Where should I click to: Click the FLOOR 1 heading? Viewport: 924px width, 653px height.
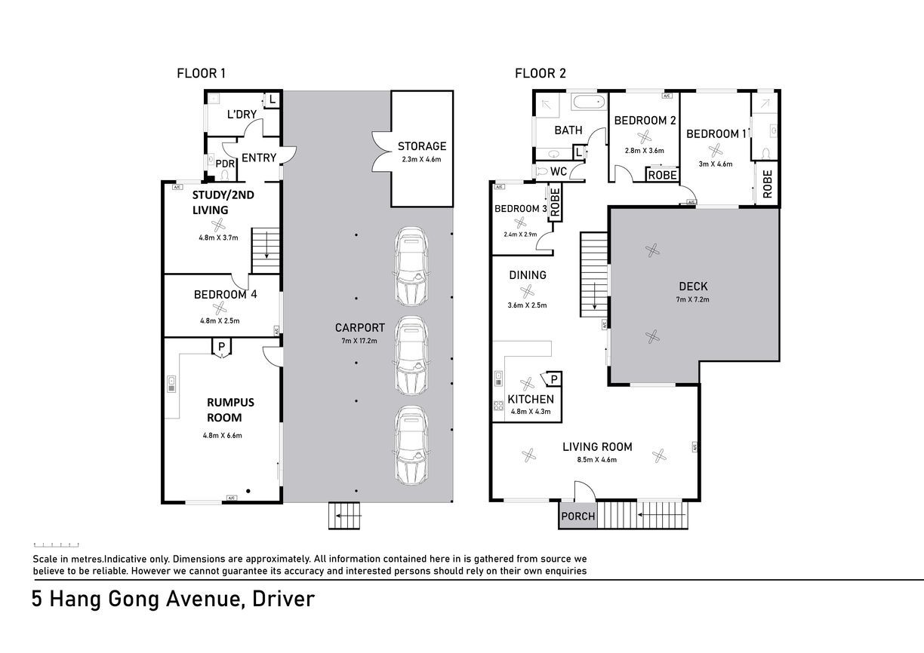point(201,74)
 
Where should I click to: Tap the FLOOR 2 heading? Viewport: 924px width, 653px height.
point(541,74)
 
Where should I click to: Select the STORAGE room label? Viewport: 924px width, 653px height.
point(422,146)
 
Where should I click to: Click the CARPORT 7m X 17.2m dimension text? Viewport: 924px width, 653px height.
point(359,341)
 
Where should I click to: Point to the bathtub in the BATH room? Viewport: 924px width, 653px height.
point(589,102)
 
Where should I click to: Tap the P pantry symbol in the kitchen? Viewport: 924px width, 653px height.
point(554,379)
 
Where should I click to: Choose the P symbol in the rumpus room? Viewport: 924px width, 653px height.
point(221,347)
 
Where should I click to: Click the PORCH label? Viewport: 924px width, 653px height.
point(578,517)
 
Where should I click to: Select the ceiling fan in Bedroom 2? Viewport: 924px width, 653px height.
point(644,136)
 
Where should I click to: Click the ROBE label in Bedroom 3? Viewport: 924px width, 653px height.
point(555,202)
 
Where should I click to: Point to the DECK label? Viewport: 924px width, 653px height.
point(693,287)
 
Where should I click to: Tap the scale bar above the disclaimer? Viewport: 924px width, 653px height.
point(56,545)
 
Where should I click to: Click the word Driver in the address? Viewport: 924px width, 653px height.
point(283,599)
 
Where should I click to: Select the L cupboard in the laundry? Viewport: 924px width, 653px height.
point(273,100)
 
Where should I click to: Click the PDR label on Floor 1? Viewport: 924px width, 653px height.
point(225,164)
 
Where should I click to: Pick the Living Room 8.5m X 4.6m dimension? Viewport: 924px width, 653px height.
point(597,460)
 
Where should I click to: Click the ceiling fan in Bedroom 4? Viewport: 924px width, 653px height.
point(220,308)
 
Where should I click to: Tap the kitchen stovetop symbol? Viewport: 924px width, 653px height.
point(498,406)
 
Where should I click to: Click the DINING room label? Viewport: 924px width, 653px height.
point(528,275)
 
